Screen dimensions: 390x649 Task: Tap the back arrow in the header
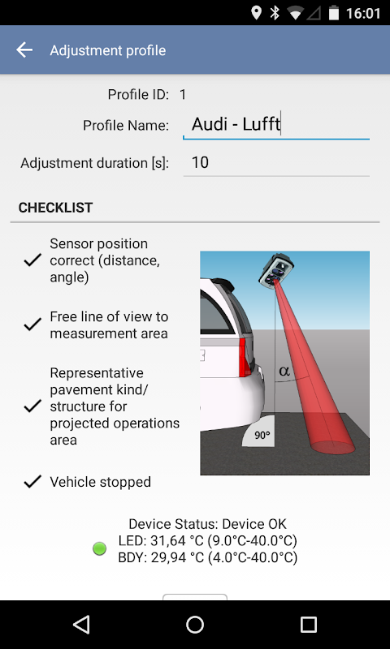24,50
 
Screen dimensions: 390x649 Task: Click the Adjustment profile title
108,50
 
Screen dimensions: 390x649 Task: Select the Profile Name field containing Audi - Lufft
276,125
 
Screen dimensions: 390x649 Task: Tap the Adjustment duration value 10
200,163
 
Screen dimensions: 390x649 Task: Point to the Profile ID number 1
183,95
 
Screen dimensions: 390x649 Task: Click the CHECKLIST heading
55,208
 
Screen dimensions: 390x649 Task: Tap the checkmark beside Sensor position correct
32,260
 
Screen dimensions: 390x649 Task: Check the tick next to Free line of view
32,324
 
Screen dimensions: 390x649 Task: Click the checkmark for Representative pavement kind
32,406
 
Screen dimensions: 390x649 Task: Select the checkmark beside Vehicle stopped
32,482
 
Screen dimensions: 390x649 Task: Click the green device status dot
99,549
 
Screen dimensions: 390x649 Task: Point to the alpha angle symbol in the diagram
284,371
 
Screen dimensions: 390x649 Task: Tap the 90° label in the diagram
262,436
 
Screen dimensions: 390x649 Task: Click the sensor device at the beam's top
276,270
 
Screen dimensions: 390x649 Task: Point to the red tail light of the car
245,357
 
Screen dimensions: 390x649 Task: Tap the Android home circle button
195,624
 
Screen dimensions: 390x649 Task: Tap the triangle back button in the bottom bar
81,624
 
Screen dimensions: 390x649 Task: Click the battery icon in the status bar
334,13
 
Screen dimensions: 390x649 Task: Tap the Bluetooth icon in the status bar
275,13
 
